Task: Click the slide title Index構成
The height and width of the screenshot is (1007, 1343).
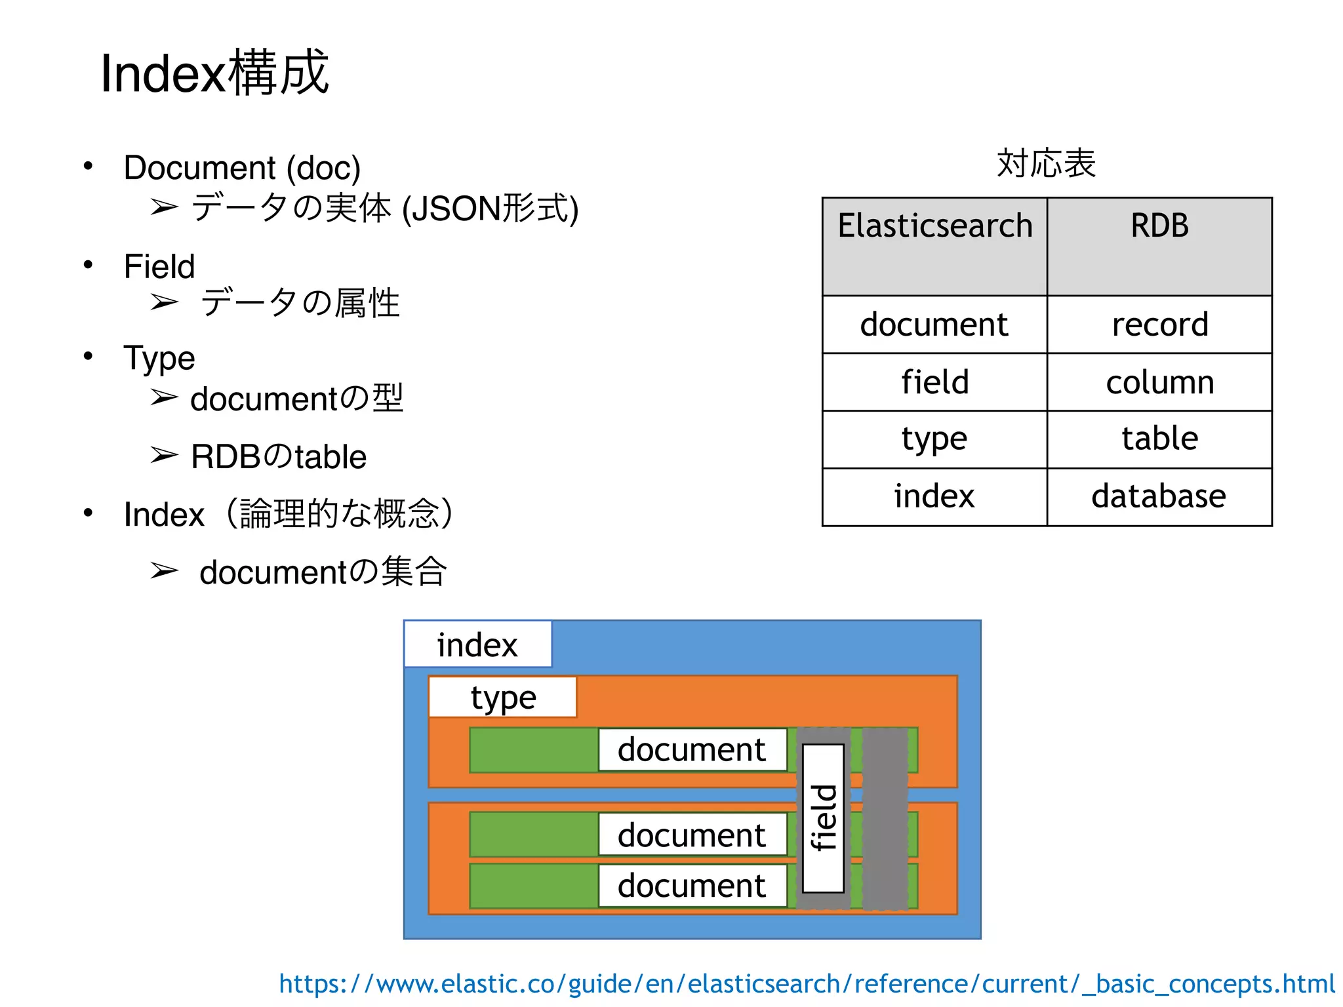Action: tap(214, 73)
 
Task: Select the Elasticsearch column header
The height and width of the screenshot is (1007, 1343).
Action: tap(934, 245)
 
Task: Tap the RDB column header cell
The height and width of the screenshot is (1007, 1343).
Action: tap(1159, 245)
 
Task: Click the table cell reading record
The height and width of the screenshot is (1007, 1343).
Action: tap(1159, 325)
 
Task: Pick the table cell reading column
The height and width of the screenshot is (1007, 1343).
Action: tap(1159, 382)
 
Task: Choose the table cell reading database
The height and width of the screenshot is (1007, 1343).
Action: tap(1159, 496)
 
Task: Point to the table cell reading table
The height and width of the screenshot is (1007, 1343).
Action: tap(1159, 439)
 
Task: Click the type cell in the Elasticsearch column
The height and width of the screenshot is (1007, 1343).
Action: tap(934, 439)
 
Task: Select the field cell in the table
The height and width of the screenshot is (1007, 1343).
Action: tap(934, 382)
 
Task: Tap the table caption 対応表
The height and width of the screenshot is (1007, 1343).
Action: tap(1046, 163)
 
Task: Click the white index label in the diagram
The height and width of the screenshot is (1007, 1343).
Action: tap(477, 644)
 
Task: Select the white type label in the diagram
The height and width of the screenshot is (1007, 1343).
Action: tap(503, 698)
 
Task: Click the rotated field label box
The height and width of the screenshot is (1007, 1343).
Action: tap(824, 818)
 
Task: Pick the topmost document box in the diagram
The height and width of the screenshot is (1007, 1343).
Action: tap(692, 749)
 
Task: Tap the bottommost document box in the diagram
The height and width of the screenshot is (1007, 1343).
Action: tap(692, 886)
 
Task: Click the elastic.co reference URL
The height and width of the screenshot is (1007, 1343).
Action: tap(807, 984)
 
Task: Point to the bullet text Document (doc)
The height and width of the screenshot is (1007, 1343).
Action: tap(242, 168)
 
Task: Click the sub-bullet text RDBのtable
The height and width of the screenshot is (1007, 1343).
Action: tap(278, 457)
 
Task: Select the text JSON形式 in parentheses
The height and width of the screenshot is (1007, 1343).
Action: tap(491, 209)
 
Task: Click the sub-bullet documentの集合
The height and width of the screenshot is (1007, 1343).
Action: tap(323, 572)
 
